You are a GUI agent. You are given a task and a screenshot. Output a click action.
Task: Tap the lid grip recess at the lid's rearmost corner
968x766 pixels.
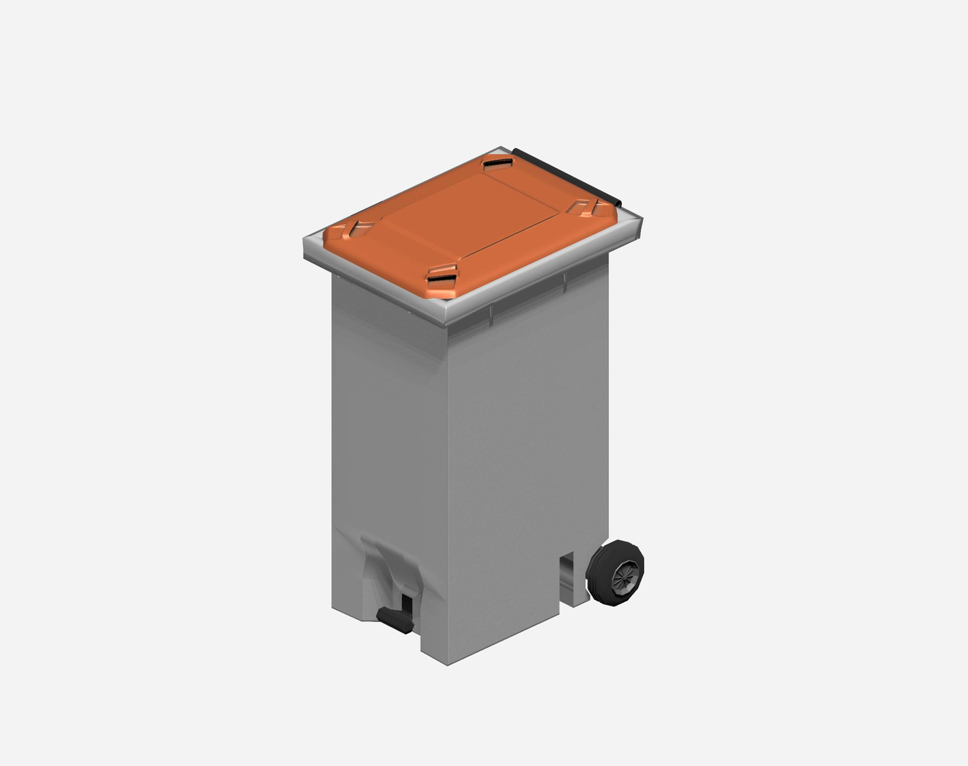(497, 165)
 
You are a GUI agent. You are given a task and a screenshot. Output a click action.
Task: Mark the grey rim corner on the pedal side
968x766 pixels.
(306, 248)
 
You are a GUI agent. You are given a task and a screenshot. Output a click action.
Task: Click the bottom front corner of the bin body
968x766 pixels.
(447, 662)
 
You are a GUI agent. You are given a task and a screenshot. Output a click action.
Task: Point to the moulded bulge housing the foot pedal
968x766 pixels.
(390, 567)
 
